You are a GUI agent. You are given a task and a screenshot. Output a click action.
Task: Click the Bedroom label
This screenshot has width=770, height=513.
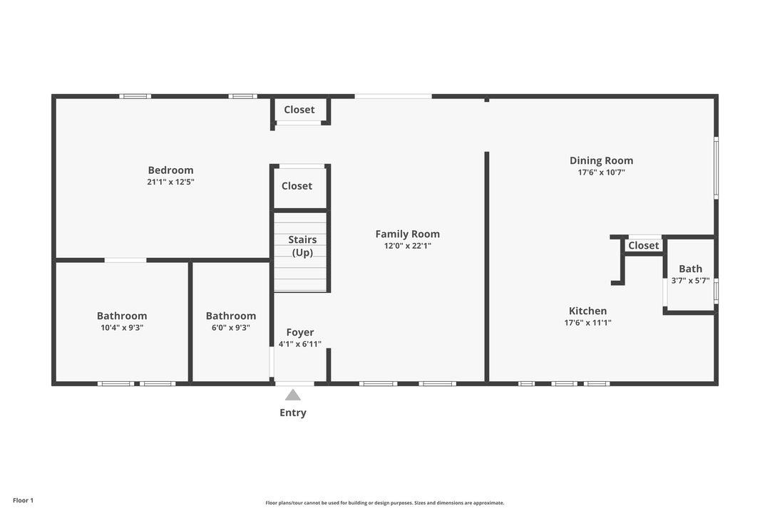point(170,170)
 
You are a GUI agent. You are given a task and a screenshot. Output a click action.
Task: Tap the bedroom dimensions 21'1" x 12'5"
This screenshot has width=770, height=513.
point(170,182)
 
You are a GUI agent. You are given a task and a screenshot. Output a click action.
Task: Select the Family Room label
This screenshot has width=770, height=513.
point(408,234)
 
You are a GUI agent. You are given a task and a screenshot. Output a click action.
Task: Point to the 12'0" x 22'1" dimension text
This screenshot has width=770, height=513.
point(408,245)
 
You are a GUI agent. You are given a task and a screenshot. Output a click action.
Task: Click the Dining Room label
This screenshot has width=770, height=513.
point(601,160)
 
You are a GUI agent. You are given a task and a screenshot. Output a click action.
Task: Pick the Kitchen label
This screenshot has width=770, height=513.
point(587,311)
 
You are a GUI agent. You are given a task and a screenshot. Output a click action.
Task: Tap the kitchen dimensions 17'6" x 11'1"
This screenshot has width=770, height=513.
point(587,323)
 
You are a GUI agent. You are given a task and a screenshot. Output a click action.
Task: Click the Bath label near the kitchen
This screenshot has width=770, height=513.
point(690,269)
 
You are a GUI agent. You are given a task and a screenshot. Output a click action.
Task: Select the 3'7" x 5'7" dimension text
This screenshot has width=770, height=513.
point(690,280)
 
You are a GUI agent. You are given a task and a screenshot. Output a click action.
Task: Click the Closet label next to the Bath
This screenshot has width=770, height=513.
point(643,245)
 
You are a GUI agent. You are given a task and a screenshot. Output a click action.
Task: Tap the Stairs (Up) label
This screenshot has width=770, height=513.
point(302,246)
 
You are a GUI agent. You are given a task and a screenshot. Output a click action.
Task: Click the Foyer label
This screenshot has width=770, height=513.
point(300,332)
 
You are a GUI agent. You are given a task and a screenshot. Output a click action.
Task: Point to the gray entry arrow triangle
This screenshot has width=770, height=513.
point(293,395)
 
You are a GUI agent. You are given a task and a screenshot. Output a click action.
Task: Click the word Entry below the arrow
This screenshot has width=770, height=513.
point(293,413)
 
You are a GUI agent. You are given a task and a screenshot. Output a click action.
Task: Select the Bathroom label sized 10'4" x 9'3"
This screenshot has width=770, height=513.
point(122,316)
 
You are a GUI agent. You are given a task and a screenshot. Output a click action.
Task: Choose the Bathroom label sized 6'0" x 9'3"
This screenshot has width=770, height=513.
point(231,316)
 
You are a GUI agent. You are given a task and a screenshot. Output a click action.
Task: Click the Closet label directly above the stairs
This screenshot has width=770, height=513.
point(297,186)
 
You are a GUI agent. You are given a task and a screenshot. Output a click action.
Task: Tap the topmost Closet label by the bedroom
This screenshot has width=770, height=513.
point(299,110)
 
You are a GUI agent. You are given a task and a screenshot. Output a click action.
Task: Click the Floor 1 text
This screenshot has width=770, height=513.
point(23,500)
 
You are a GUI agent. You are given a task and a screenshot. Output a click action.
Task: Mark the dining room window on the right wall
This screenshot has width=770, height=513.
point(716,168)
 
